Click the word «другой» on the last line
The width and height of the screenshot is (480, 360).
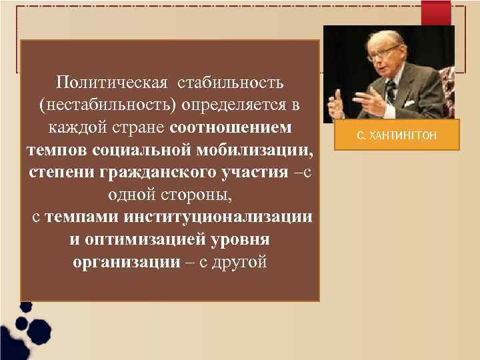click(x=239, y=261)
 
